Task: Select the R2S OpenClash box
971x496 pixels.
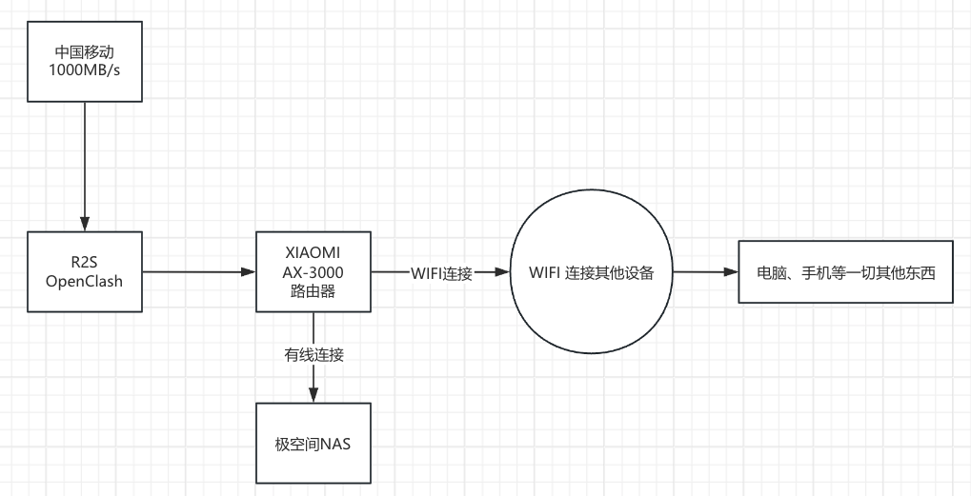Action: click(84, 271)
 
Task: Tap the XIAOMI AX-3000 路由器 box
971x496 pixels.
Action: click(314, 271)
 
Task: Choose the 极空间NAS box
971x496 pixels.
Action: click(314, 443)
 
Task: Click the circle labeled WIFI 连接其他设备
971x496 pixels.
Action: click(591, 272)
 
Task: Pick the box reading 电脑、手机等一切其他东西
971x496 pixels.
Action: click(845, 272)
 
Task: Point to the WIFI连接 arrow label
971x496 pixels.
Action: click(441, 273)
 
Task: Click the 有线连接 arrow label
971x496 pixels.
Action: click(314, 355)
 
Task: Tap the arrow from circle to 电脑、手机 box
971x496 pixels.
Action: click(706, 272)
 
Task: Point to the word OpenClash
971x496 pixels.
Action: click(84, 282)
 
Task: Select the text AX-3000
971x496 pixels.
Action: click(314, 271)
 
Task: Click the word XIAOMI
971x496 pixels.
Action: click(314, 252)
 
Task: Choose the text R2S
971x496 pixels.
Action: click(84, 262)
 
